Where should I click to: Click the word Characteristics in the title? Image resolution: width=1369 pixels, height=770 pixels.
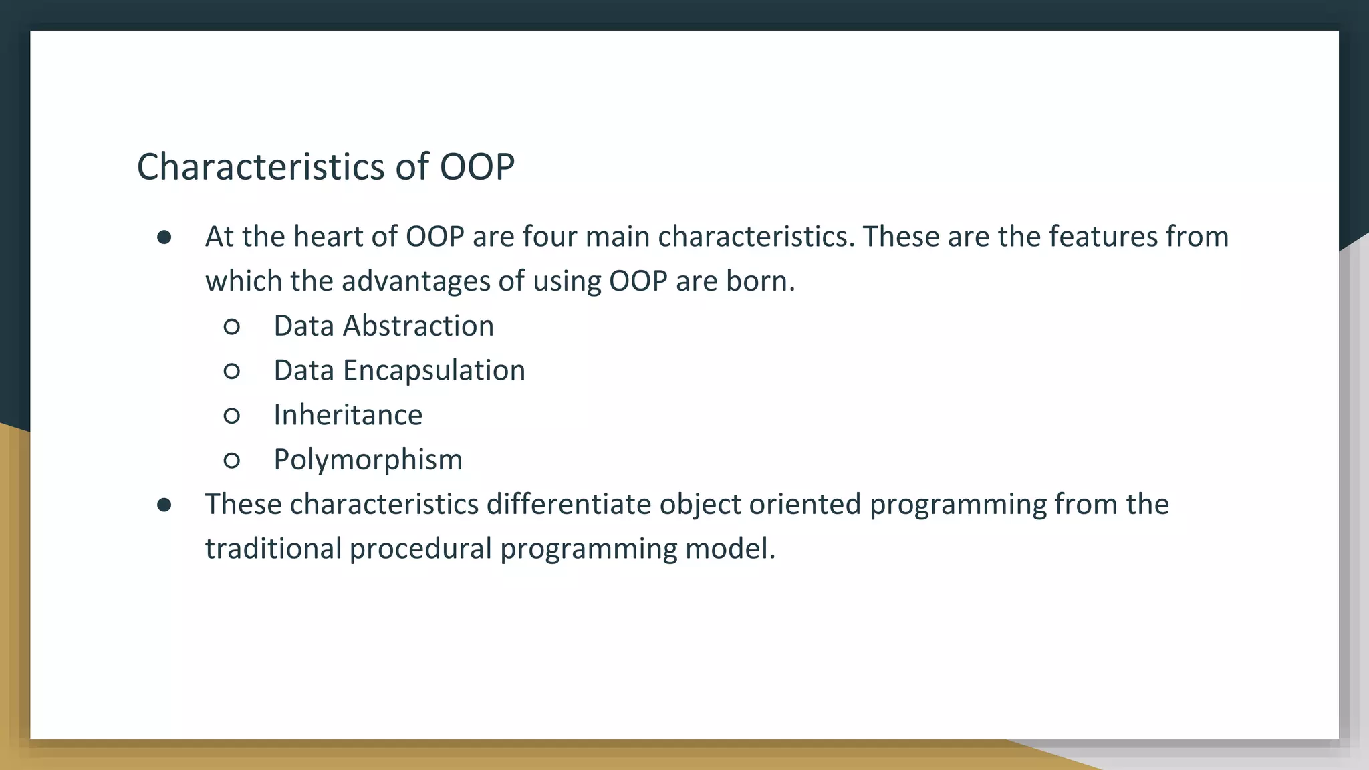tap(261, 167)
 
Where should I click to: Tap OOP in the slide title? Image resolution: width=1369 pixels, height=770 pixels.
tap(477, 167)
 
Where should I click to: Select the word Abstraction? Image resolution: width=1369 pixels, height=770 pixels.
tap(418, 326)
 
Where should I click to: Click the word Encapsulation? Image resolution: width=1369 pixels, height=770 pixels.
tap(434, 371)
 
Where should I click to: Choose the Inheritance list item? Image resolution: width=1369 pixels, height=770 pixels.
tap(348, 415)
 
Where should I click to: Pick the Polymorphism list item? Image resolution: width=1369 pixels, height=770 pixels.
tap(368, 460)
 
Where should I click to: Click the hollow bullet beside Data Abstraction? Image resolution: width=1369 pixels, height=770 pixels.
tap(232, 327)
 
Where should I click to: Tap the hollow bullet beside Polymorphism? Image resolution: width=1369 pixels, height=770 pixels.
tap(232, 461)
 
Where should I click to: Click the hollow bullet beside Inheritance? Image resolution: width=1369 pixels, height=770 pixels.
tap(232, 416)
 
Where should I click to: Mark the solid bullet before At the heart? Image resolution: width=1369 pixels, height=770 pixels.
tap(164, 238)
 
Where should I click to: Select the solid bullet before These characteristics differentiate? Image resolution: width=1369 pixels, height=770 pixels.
tap(164, 505)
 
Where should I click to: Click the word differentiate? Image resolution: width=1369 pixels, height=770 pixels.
tap(568, 504)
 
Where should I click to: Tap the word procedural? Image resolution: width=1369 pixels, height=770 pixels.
tap(420, 549)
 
